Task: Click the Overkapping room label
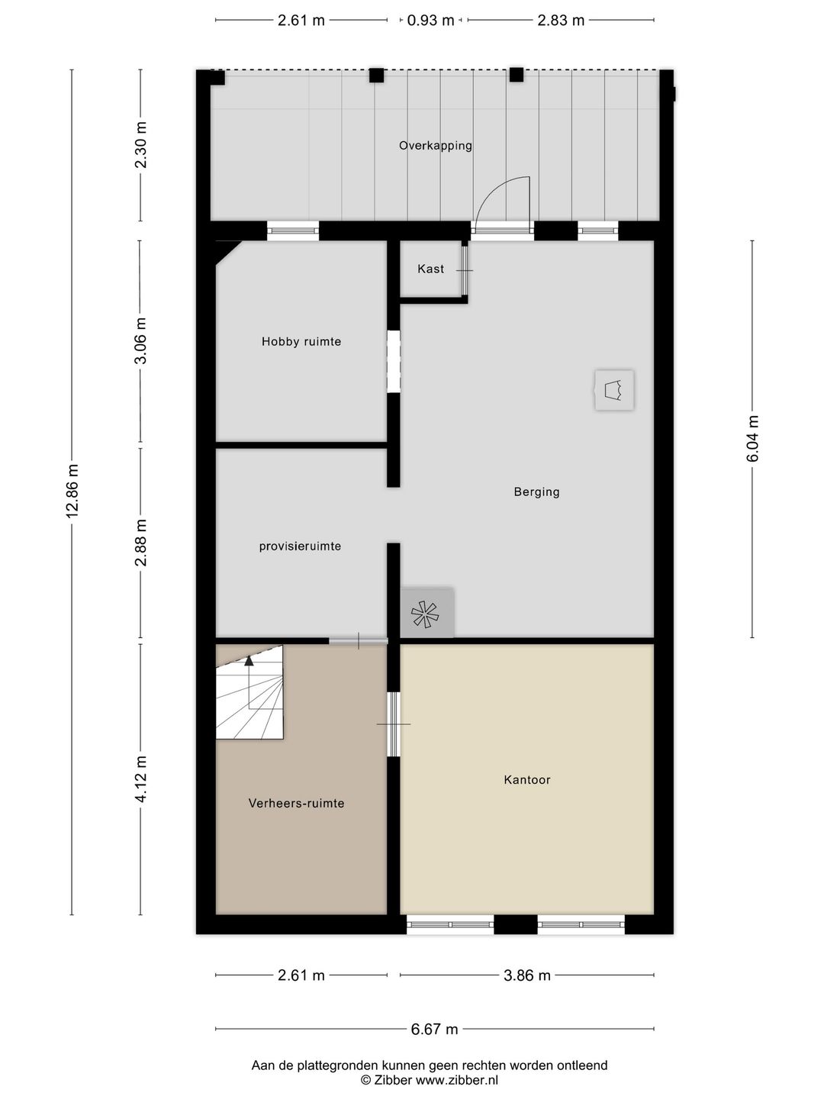pos(435,146)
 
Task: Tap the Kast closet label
pos(431,269)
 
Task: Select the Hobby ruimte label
pos(301,341)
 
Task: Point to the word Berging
pos(537,491)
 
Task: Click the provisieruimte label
pos(300,546)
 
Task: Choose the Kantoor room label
pos(527,779)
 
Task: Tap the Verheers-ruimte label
pos(297,803)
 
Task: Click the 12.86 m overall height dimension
pos(72,491)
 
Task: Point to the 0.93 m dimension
pos(431,21)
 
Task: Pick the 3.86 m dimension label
pos(526,975)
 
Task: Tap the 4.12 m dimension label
pos(141,779)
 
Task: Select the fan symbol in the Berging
pos(425,614)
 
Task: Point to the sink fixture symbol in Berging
pos(614,390)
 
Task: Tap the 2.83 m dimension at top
pos(561,21)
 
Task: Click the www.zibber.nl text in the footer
pos(457,1080)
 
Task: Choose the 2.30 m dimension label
pos(141,145)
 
